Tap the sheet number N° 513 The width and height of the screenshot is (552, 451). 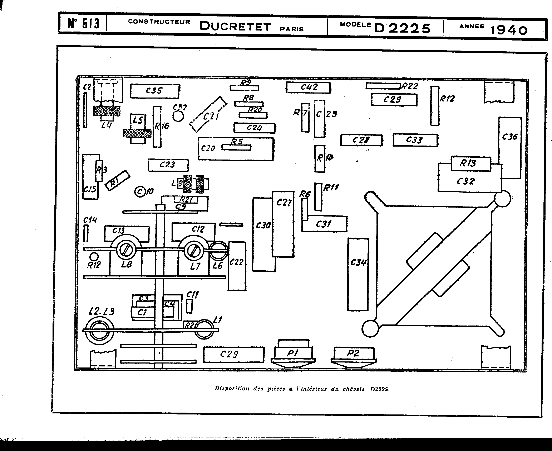(x=84, y=23)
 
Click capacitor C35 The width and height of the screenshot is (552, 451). (x=155, y=91)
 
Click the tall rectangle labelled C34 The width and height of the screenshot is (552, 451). (x=358, y=274)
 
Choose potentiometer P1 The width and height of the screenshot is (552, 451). (x=293, y=353)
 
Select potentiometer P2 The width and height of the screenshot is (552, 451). (x=354, y=353)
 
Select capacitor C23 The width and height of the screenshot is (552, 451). (x=168, y=165)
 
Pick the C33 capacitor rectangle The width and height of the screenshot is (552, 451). (x=415, y=140)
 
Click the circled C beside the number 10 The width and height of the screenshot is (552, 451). (x=140, y=192)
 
